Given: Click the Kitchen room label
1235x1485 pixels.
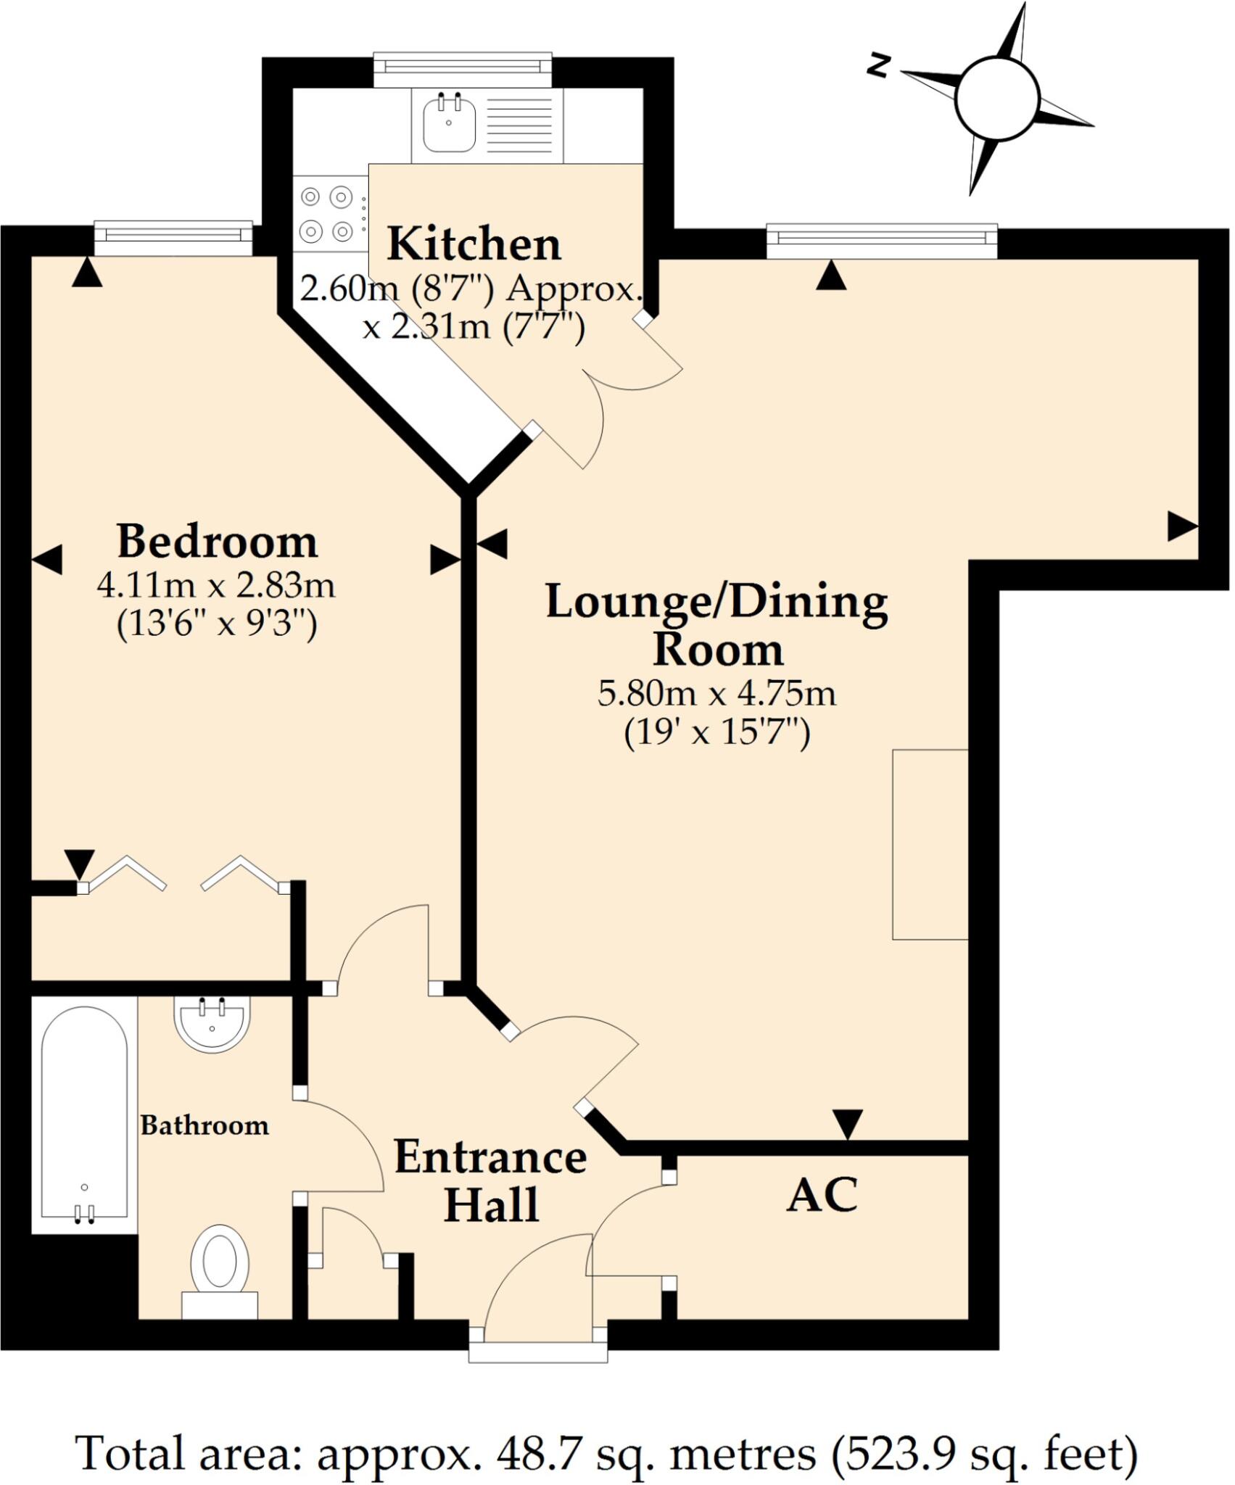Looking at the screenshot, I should tap(474, 244).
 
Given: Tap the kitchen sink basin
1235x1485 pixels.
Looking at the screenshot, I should tap(450, 125).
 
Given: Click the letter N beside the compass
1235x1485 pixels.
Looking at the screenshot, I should tap(879, 66).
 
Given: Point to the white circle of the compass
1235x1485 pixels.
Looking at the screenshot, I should tap(997, 98).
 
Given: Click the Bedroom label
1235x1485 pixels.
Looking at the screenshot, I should tap(218, 542).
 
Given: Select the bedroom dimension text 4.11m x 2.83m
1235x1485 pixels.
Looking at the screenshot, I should tap(216, 585).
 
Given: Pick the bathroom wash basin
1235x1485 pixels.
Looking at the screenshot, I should tap(212, 1022).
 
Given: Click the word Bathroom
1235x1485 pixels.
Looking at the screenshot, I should tap(205, 1125).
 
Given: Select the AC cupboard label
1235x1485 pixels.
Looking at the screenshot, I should tap(822, 1196).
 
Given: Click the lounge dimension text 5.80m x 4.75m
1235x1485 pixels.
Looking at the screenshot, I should tap(716, 694).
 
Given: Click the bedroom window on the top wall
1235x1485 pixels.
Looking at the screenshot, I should tap(173, 239).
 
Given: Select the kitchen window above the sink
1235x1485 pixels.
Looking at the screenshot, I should tap(462, 69).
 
